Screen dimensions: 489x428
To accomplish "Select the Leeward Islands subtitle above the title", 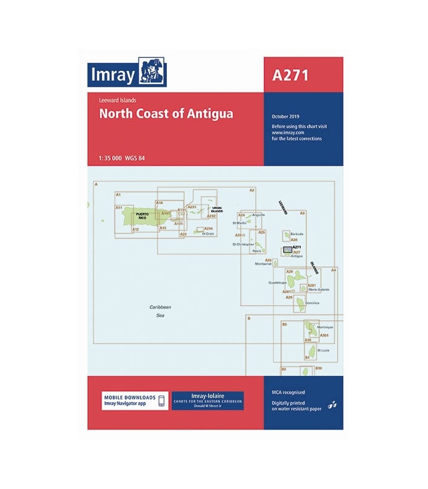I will [x=117, y=100].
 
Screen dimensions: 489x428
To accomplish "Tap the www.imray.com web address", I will [x=289, y=132].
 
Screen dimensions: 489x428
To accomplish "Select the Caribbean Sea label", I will [x=161, y=311].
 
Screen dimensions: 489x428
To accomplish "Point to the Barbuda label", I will [x=297, y=234].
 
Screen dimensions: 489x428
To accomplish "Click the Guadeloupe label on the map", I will [x=278, y=283].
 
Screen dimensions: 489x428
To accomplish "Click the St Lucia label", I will [x=323, y=350].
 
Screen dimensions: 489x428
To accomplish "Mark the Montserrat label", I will [x=264, y=264].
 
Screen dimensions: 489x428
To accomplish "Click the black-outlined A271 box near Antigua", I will [x=286, y=251].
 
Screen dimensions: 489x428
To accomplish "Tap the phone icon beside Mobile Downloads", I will [x=161, y=401].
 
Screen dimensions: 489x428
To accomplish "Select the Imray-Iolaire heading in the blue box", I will [x=208, y=396].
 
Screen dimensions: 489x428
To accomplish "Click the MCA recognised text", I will [x=289, y=391].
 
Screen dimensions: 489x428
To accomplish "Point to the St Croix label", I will [x=208, y=233].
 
